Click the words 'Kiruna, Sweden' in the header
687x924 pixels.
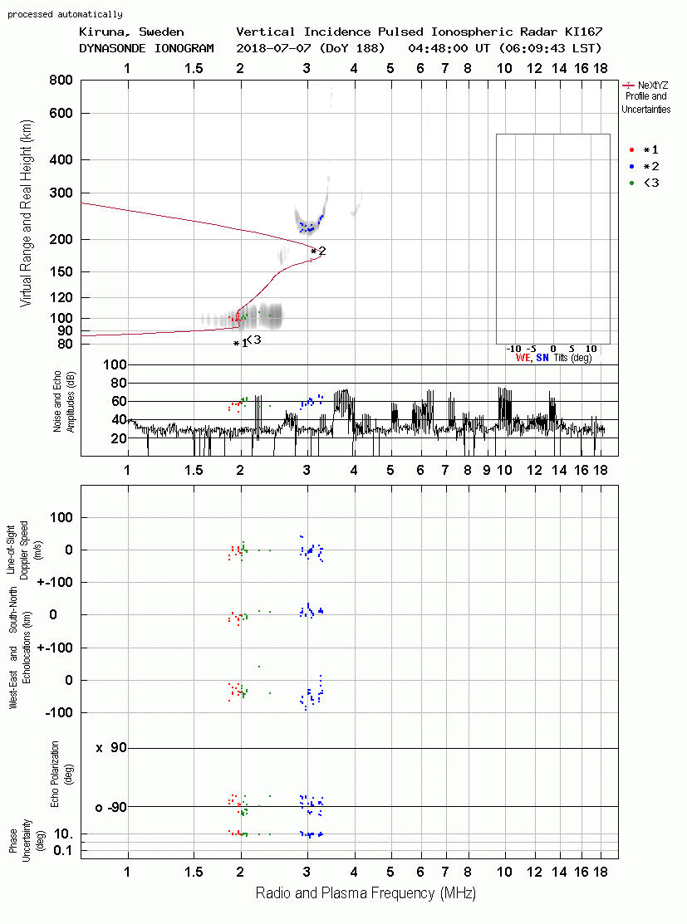(131, 32)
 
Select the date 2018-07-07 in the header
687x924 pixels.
(274, 48)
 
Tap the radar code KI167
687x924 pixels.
(583, 32)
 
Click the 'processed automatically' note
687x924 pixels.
(65, 14)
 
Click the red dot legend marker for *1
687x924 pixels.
(631, 149)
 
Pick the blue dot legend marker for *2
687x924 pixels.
(631, 166)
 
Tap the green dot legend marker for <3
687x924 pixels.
(631, 183)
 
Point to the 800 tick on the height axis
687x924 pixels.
(61, 81)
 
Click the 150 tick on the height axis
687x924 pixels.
(61, 271)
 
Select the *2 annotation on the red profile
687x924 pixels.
(318, 252)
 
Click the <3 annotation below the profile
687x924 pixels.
(253, 340)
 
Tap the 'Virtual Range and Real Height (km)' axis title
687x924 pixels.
(26, 213)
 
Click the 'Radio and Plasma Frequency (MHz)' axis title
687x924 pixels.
(366, 893)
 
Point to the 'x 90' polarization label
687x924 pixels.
(111, 748)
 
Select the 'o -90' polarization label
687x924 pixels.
(111, 807)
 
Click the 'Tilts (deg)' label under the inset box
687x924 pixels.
(572, 358)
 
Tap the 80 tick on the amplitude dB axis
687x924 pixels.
(119, 383)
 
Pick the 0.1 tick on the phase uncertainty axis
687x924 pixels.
(63, 850)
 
